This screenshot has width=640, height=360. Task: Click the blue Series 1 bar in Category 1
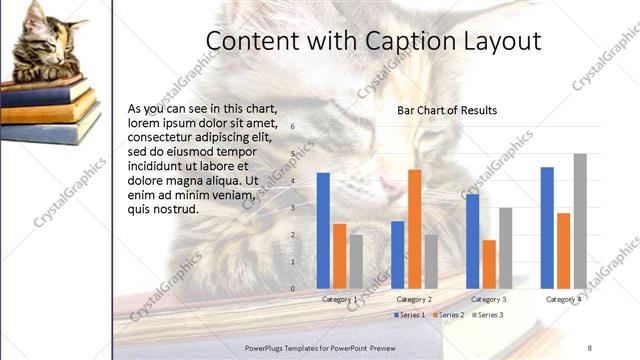[x=323, y=231]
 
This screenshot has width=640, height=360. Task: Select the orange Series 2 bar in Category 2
[x=414, y=229]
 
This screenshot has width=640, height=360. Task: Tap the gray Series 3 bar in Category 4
[x=580, y=221]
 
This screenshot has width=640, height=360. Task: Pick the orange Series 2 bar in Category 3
[x=489, y=264]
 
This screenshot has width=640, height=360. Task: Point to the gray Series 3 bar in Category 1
[x=356, y=262]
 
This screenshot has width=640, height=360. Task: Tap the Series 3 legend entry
[x=487, y=315]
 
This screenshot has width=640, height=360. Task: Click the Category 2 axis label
[x=414, y=299]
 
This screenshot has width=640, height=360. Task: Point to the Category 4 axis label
[x=563, y=299]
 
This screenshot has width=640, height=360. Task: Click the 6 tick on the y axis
[x=293, y=127]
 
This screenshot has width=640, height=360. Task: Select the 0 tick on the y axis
[x=293, y=289]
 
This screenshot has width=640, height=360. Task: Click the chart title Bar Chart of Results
[x=447, y=110]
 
